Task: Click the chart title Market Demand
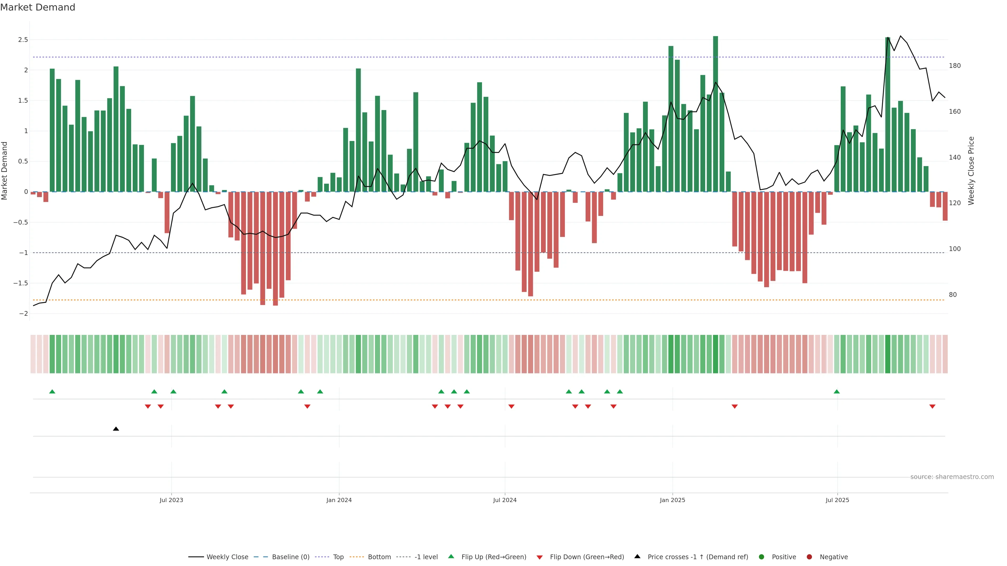pyautogui.click(x=38, y=7)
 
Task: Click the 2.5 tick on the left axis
pyautogui.click(x=23, y=40)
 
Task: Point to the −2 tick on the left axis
pyautogui.click(x=23, y=314)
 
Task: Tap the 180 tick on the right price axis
pyautogui.click(x=955, y=66)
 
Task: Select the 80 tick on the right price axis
pyautogui.click(x=953, y=295)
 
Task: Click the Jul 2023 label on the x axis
pyautogui.click(x=171, y=500)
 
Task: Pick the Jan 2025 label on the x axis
pyautogui.click(x=672, y=500)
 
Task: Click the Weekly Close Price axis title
pyautogui.click(x=971, y=171)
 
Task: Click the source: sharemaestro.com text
pyautogui.click(x=952, y=477)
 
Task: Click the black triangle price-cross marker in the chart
pyautogui.click(x=116, y=429)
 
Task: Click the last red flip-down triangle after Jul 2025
pyautogui.click(x=932, y=407)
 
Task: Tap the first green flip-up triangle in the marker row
pyautogui.click(x=52, y=391)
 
